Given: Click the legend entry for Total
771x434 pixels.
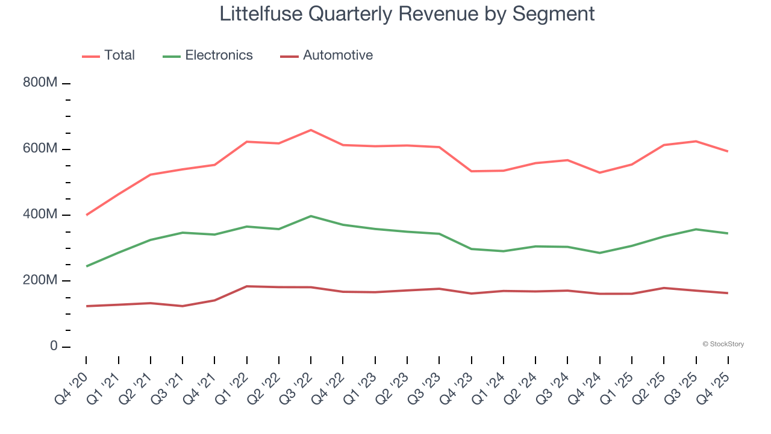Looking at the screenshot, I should (119, 55).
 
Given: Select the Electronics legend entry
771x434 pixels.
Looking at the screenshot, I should (218, 55).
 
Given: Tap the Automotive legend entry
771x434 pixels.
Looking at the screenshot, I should (337, 55).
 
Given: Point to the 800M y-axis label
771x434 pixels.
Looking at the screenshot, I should (40, 83).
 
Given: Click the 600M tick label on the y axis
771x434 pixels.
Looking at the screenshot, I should (40, 149).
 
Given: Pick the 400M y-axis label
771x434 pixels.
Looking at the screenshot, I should (40, 215).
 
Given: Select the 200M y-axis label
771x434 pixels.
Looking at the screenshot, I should (40, 280).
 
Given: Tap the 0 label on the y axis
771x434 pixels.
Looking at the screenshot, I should (54, 347).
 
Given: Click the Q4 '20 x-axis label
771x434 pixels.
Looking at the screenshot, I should (72, 386).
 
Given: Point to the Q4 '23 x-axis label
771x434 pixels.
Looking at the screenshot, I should (458, 386).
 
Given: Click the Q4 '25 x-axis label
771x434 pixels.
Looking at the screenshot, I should (715, 386).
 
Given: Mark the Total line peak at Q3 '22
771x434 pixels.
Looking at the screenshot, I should (311, 130).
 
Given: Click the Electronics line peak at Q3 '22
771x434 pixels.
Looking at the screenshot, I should (311, 216).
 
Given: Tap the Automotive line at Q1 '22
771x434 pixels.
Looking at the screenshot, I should (246, 286).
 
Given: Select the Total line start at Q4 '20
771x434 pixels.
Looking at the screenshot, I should (86, 215).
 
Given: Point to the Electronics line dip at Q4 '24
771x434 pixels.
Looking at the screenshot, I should (599, 253).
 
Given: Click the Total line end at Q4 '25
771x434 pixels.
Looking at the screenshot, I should (728, 151).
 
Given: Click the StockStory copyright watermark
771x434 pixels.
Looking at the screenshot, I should (723, 344).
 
